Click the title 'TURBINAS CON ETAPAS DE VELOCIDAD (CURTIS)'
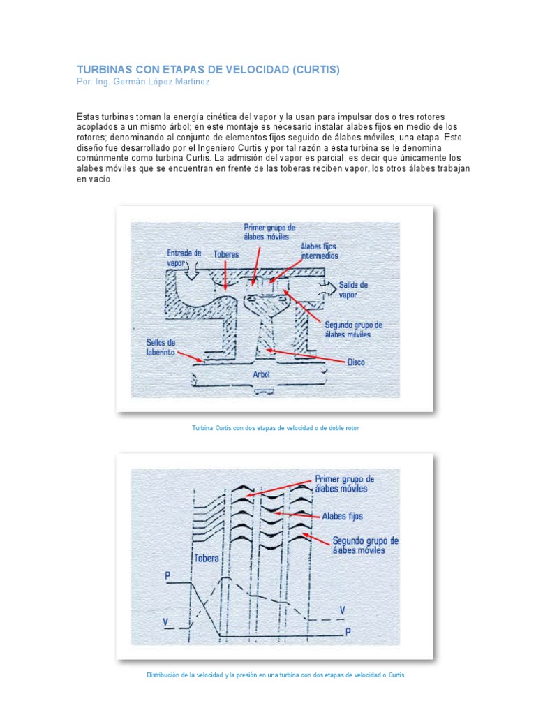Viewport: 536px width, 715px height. click(207, 71)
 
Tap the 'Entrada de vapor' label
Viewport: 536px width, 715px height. click(184, 258)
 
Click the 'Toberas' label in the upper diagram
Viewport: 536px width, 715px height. click(225, 256)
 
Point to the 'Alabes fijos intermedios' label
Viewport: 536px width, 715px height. click(320, 251)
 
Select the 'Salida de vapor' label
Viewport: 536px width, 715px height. click(353, 290)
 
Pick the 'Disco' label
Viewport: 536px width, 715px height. click(356, 362)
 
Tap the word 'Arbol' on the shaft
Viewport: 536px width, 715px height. click(262, 374)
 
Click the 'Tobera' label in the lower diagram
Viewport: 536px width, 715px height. click(207, 559)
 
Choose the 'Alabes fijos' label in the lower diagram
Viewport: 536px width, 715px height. click(343, 517)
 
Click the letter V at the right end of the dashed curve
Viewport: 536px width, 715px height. click(342, 610)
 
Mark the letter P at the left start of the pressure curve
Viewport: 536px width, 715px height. click(167, 576)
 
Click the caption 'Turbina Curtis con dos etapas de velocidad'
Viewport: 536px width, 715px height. click(275, 428)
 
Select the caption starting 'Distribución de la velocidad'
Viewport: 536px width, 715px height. click(275, 675)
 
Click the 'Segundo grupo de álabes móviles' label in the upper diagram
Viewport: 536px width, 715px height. click(353, 330)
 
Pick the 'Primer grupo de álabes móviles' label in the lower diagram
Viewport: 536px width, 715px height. click(345, 484)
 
